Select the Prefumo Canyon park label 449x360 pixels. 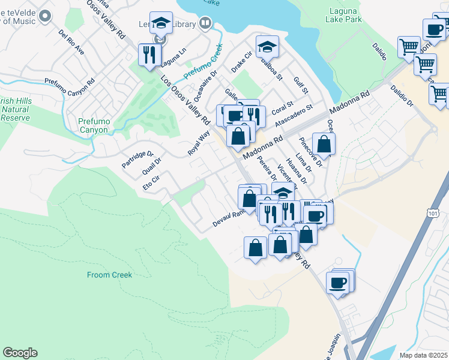[94, 125]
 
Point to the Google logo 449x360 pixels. [20, 353]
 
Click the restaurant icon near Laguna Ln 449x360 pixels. [148, 55]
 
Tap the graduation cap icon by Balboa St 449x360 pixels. [268, 47]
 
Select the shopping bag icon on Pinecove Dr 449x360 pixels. [324, 144]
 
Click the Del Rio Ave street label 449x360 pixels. [71, 42]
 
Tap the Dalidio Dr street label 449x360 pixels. [402, 95]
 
